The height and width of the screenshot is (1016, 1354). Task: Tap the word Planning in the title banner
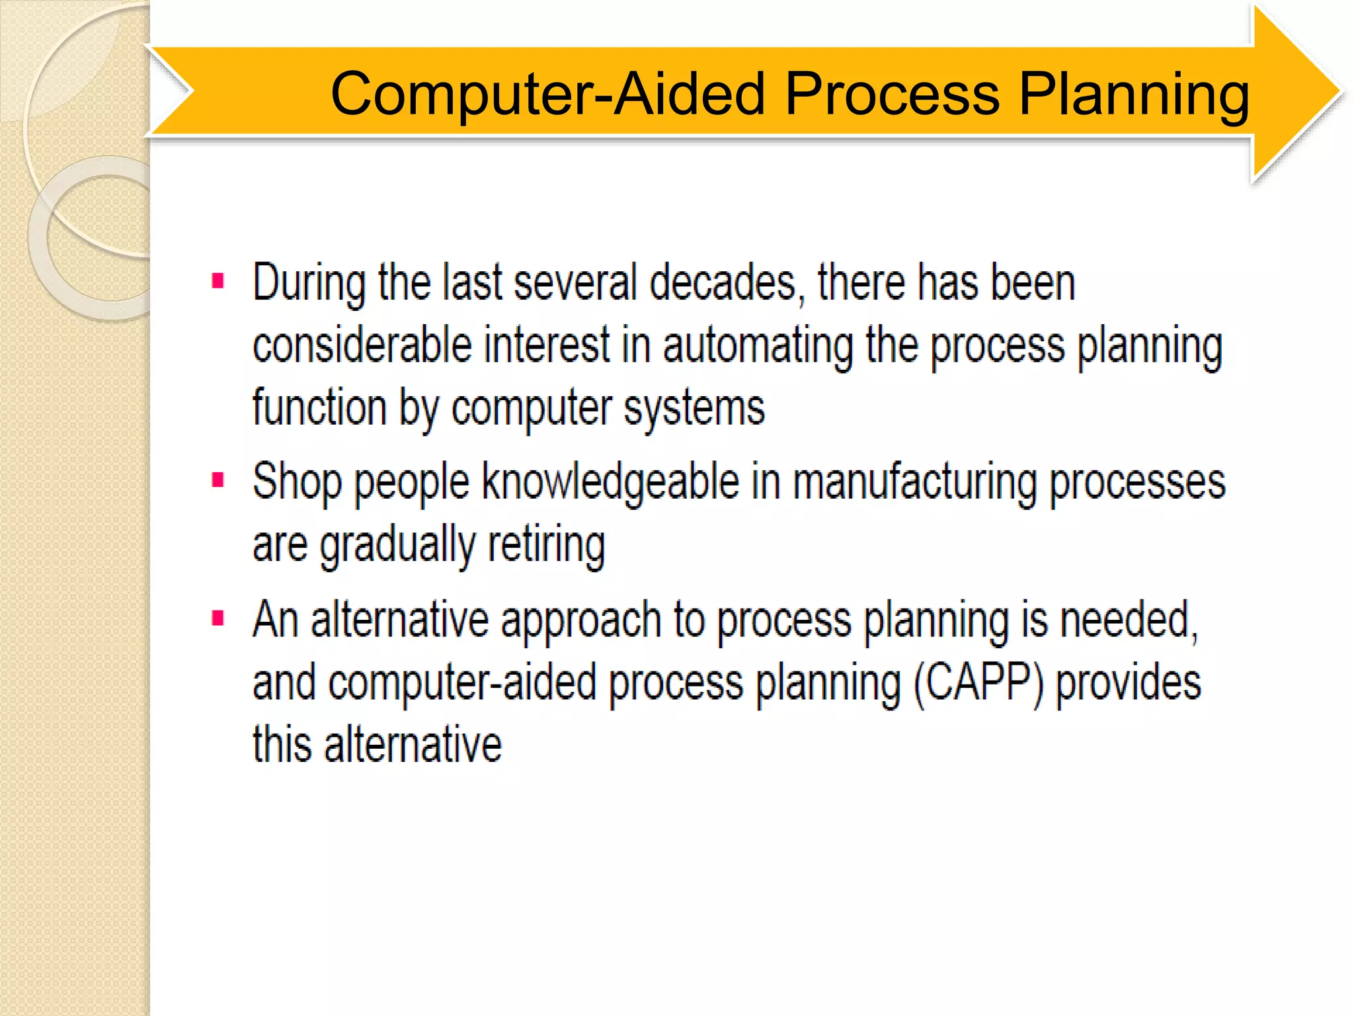1133,94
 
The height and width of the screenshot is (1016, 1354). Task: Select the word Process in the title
892,94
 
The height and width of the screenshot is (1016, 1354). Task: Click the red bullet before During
218,281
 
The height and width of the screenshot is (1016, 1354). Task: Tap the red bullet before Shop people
218,480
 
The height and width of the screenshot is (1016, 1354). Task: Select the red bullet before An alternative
218,618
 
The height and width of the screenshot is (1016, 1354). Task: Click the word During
308,283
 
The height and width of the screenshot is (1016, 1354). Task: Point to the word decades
726,283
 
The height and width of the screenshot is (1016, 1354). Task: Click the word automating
758,346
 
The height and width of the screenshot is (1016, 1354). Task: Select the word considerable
362,346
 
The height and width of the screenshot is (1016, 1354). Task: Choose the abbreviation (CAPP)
978,683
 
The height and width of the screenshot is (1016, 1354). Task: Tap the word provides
1128,683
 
